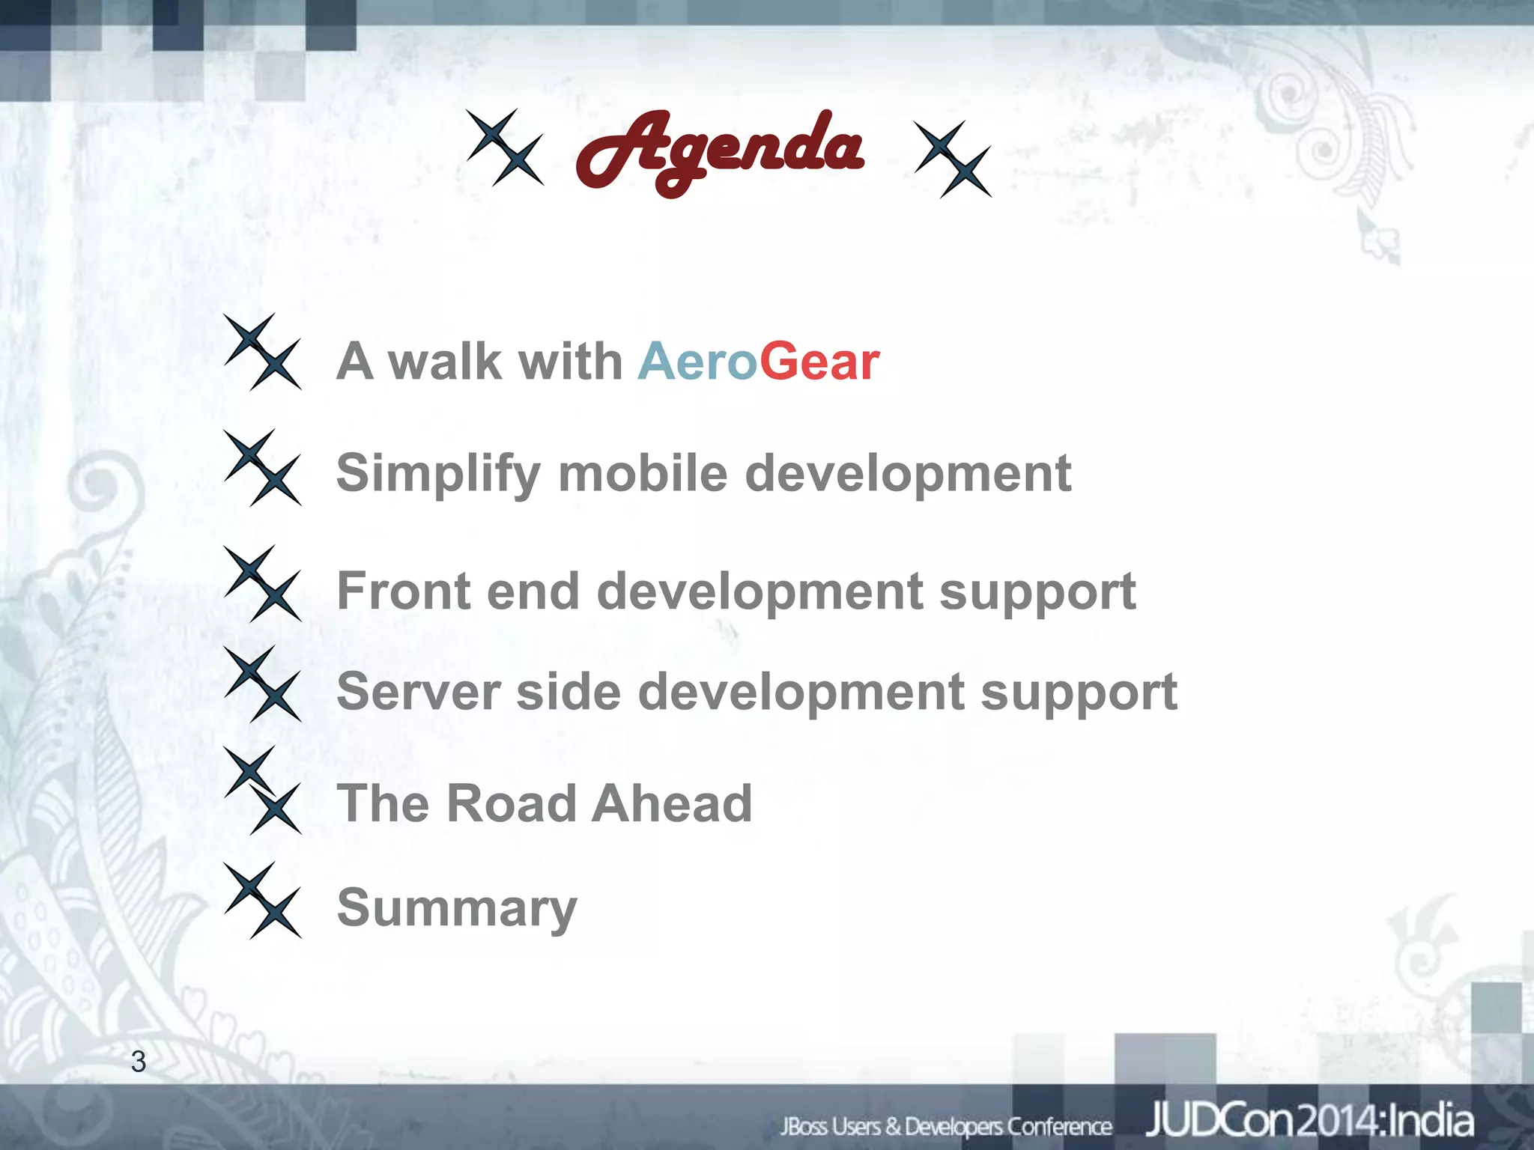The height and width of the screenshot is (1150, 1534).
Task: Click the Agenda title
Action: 719,150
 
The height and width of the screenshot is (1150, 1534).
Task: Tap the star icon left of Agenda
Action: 505,147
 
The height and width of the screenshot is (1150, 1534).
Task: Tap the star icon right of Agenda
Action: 953,159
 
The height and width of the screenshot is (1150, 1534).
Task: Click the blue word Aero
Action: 697,362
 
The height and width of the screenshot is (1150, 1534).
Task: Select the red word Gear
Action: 819,362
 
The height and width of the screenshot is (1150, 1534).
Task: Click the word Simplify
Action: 438,475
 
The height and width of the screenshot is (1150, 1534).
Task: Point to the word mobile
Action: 643,475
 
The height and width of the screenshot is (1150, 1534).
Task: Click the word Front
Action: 404,591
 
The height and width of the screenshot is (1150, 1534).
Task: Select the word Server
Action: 418,691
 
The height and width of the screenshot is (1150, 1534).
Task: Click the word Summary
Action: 457,908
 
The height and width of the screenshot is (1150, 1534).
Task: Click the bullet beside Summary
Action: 262,900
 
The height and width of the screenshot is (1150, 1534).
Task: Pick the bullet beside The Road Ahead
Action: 262,791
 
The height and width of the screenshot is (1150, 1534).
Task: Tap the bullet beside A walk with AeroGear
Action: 262,352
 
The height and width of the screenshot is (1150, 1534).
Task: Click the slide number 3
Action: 139,1062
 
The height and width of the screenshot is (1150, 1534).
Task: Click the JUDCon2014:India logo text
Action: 1309,1121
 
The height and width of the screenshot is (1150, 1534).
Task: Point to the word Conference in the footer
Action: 1059,1126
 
